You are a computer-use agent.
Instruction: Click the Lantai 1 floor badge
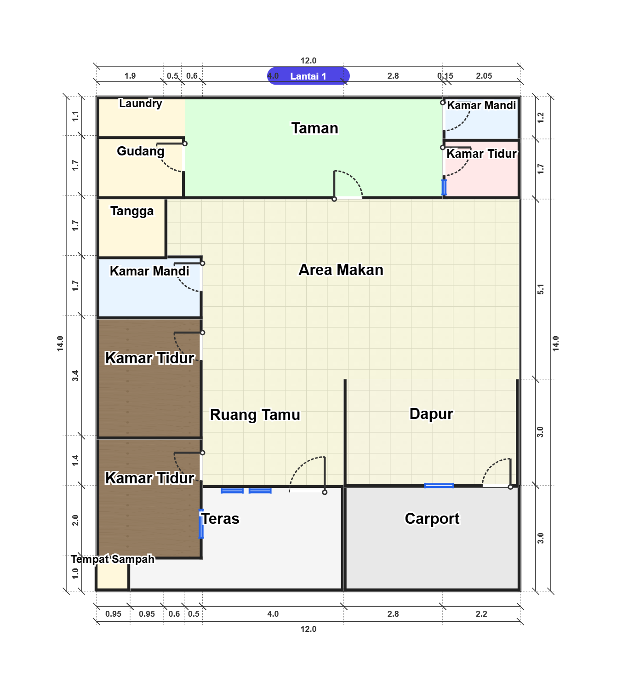click(308, 76)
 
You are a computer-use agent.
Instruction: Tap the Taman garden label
click(315, 128)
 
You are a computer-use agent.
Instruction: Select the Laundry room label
click(140, 103)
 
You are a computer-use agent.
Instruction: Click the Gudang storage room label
click(141, 151)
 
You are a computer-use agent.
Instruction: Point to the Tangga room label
click(132, 211)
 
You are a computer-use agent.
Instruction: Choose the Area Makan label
click(341, 270)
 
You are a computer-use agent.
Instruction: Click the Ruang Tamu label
click(255, 415)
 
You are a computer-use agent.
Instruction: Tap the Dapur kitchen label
click(431, 414)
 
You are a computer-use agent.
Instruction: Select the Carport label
click(432, 519)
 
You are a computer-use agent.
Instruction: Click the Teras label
click(220, 519)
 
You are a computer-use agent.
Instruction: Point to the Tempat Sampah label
click(113, 559)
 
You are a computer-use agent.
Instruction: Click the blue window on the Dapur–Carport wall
click(439, 486)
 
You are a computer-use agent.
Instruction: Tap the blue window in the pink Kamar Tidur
click(444, 187)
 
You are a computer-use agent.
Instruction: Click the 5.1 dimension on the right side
click(540, 289)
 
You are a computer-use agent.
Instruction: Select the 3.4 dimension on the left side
click(75, 376)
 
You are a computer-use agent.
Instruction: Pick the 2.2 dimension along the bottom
click(481, 614)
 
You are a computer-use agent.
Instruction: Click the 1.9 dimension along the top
click(130, 76)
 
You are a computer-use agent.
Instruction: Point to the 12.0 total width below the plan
click(308, 629)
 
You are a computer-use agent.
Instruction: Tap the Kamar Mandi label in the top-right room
click(481, 105)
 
